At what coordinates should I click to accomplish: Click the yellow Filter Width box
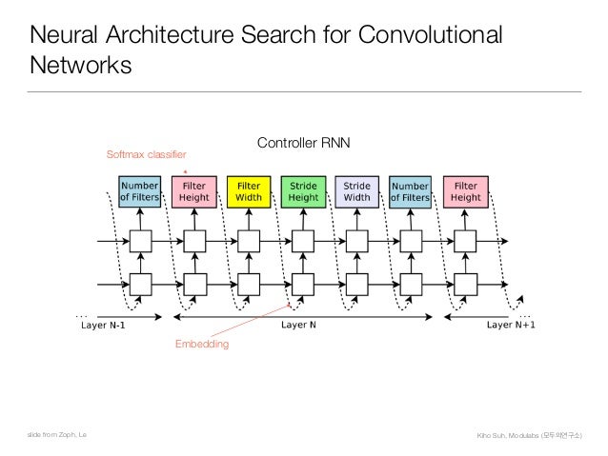pos(249,191)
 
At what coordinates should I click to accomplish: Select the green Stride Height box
pos(303,191)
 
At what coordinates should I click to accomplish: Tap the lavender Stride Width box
pos(356,191)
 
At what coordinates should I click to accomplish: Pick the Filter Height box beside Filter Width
pos(194,191)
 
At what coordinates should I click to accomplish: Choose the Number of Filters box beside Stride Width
pos(411,191)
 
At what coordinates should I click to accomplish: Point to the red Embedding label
pos(201,344)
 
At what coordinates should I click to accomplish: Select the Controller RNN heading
pos(304,143)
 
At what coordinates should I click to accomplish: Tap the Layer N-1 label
pos(103,325)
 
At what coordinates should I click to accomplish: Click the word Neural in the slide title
pos(66,37)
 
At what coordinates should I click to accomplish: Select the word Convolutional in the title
pos(429,37)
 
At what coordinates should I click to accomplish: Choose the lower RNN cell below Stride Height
pos(303,284)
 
